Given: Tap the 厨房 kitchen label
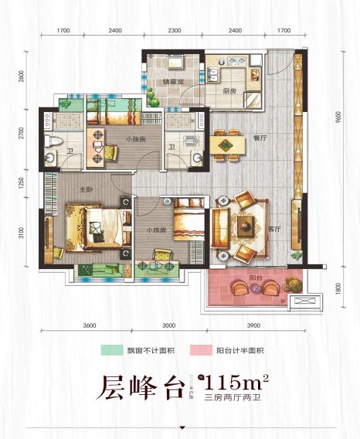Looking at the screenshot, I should (x=229, y=90).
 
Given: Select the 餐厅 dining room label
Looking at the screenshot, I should (x=259, y=138).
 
